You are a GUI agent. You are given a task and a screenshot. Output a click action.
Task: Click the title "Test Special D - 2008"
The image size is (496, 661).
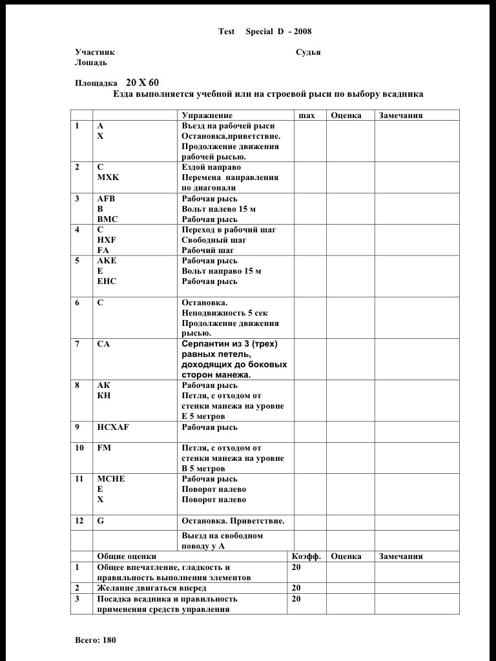point(265,32)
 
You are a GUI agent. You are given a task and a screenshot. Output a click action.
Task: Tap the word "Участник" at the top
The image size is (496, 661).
point(95,52)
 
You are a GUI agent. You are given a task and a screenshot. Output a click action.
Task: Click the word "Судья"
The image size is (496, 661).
point(308,52)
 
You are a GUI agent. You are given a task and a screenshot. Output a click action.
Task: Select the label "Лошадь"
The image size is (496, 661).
point(91,63)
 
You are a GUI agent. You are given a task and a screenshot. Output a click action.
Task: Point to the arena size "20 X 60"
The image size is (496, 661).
point(142,83)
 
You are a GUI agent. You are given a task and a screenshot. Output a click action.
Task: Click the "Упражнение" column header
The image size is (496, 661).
point(207,116)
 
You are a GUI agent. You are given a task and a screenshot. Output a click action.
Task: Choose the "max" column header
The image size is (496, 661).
point(307,116)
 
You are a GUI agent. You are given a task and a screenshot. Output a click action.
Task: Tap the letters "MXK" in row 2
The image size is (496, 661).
point(108,177)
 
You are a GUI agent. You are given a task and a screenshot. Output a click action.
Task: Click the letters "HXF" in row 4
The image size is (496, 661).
point(107,239)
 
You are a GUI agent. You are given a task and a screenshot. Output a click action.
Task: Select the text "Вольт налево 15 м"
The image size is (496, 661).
point(219,209)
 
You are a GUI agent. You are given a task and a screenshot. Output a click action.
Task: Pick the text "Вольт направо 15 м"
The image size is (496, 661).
point(222,271)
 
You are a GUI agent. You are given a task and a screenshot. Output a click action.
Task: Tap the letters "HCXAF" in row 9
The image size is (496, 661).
point(113,427)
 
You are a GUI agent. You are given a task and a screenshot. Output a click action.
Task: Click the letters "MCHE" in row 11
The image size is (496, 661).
point(111,479)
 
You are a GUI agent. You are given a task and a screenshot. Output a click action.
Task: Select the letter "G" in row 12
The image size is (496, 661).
point(100,521)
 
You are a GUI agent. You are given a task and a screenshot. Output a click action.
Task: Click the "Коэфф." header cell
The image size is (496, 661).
point(306,556)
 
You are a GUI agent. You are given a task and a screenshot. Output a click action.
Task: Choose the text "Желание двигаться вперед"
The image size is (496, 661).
point(152,588)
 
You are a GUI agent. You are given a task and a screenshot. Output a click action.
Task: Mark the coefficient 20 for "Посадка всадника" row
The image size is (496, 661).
point(296,599)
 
